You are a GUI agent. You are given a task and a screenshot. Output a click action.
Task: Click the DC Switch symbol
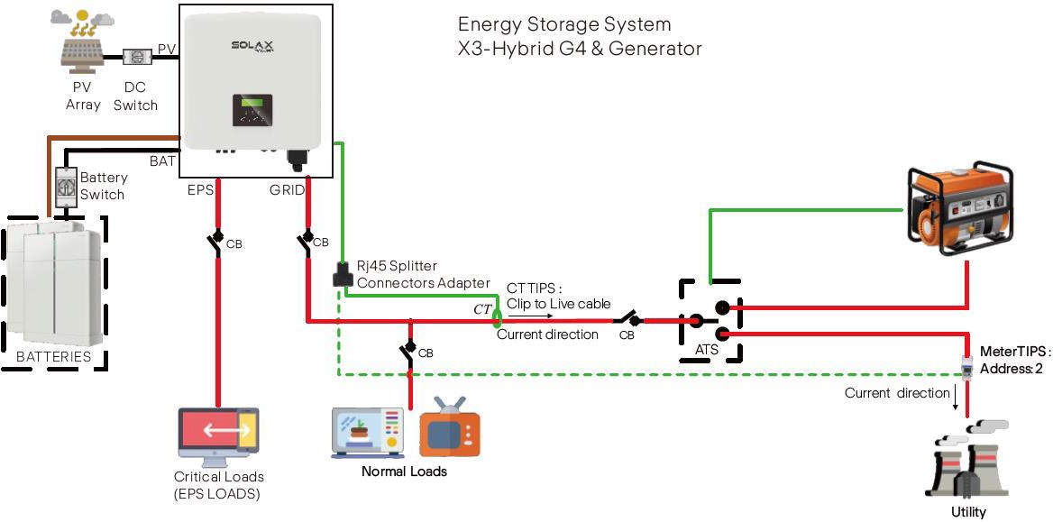[x=136, y=56]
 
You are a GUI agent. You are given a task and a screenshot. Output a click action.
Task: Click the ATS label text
[x=707, y=348]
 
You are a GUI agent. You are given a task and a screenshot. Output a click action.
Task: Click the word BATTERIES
[x=54, y=356]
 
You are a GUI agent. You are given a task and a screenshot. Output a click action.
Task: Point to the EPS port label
[x=200, y=190]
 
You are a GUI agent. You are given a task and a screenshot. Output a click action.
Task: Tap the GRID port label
[x=287, y=190]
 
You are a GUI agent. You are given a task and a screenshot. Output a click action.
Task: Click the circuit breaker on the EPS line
[x=217, y=243]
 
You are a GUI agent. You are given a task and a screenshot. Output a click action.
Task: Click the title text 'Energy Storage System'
[x=564, y=24]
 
